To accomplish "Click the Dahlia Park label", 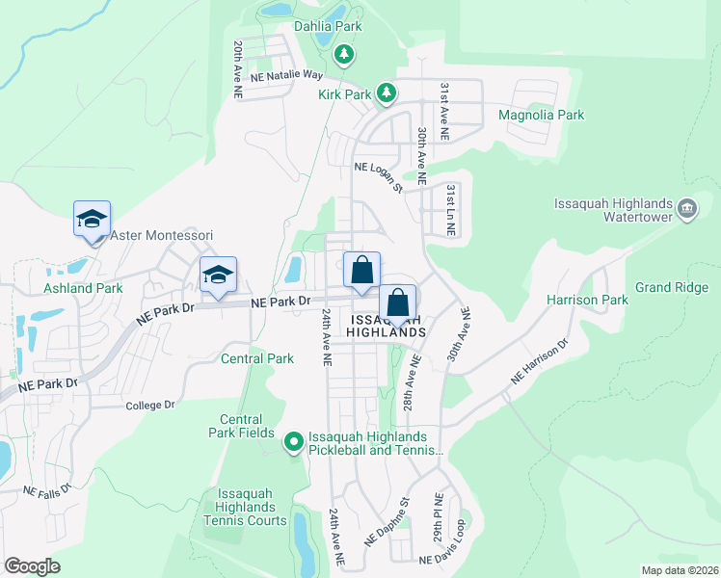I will [x=329, y=26].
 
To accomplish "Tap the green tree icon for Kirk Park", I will [x=387, y=92].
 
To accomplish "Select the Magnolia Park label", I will [x=541, y=115].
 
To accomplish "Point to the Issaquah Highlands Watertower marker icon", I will [x=687, y=208].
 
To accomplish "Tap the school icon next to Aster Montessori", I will [x=92, y=219].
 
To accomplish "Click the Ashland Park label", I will [x=83, y=288].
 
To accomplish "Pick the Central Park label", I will [x=256, y=359].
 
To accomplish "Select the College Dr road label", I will [x=149, y=406].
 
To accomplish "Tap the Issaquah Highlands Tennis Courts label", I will [x=245, y=507].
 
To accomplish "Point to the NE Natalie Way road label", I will [x=286, y=74].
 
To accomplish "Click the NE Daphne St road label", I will [x=387, y=521].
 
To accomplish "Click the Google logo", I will [x=32, y=566].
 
